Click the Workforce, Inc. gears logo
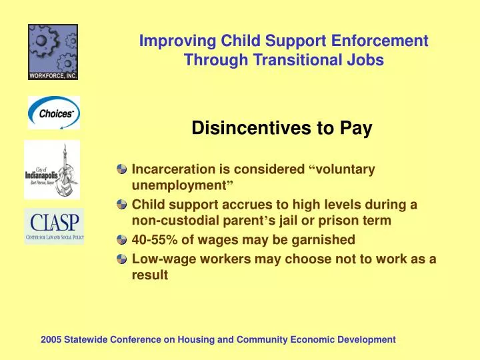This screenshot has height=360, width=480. [53, 52]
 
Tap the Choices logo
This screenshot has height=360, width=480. [53, 113]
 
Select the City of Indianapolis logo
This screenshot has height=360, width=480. [52, 169]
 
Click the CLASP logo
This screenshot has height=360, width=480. [54, 225]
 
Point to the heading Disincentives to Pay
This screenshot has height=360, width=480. [281, 129]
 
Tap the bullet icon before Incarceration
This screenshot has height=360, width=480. [121, 170]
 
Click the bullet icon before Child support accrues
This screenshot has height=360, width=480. [121, 205]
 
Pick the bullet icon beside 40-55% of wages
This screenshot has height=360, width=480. [121, 240]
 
